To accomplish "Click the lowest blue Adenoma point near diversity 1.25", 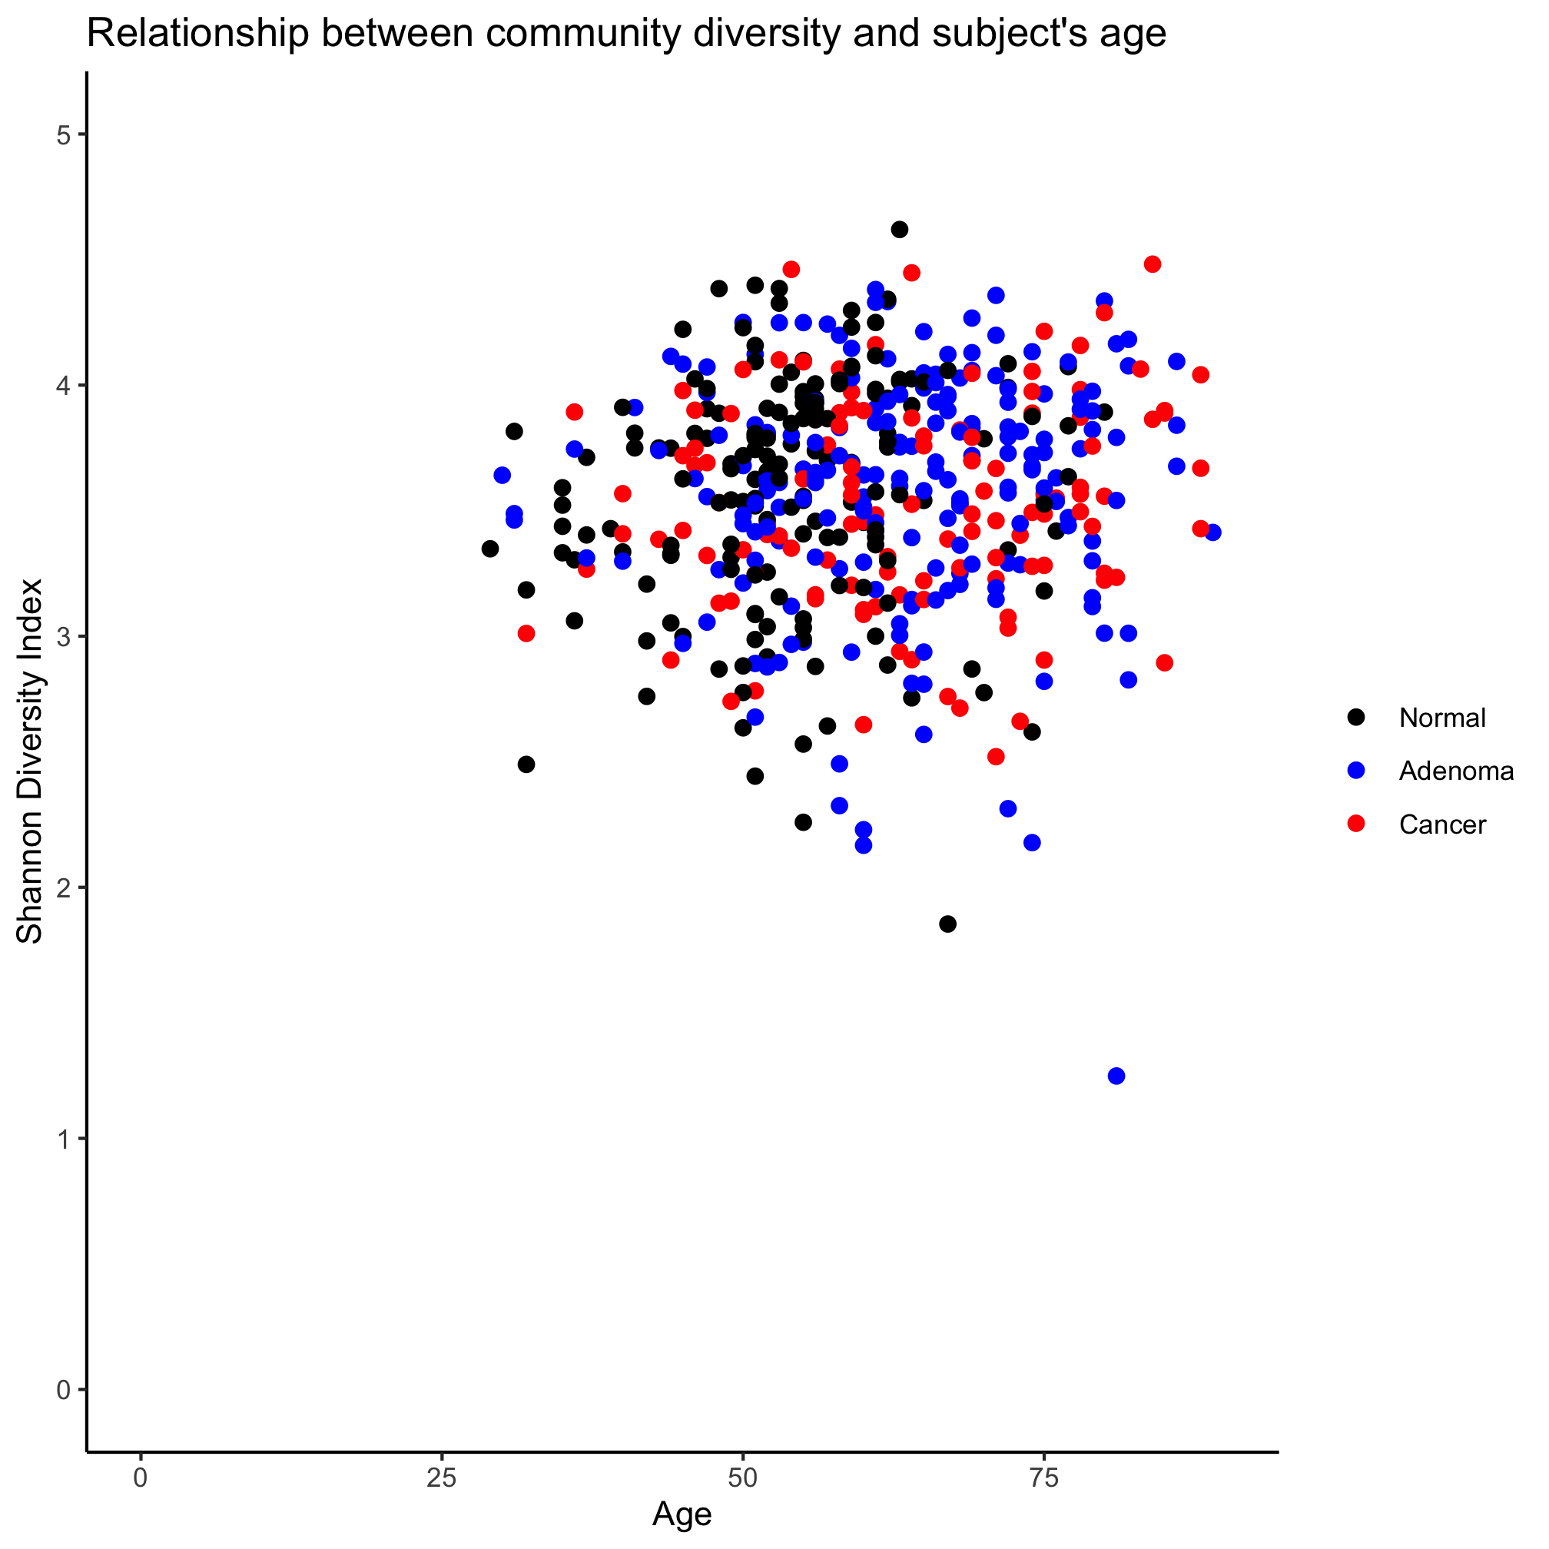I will click(x=1116, y=1075).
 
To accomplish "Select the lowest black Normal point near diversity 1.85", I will click(x=947, y=924).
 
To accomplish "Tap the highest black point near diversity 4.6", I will click(x=900, y=229).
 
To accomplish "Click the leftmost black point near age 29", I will click(x=490, y=549).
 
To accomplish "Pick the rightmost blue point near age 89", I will click(x=1213, y=532).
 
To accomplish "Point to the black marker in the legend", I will click(x=1356, y=717).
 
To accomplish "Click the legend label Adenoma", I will click(x=1456, y=771).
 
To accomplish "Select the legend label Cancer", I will click(x=1441, y=825).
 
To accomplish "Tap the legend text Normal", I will click(x=1441, y=718).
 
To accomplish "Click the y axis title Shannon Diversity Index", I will click(x=31, y=761).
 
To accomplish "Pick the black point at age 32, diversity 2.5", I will click(x=526, y=764).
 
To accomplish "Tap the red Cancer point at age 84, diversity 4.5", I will click(x=1152, y=264).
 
